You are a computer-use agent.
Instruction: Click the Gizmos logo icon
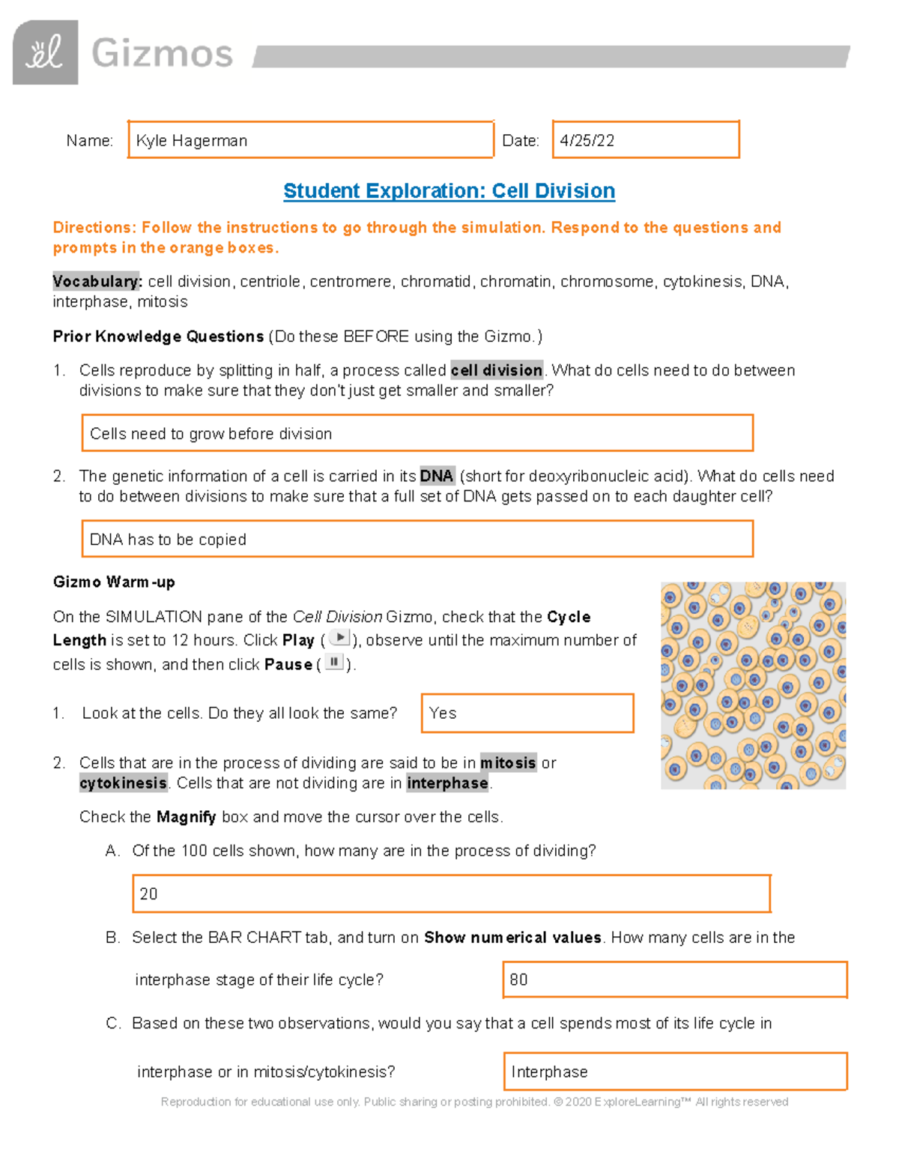click(45, 52)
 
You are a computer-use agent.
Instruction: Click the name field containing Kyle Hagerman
click(310, 140)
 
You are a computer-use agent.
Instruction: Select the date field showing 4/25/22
click(645, 140)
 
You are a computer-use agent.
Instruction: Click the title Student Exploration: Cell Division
click(449, 191)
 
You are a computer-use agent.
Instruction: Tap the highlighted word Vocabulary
click(96, 282)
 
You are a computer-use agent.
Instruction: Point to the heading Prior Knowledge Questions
click(158, 337)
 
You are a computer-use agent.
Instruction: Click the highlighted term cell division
click(496, 370)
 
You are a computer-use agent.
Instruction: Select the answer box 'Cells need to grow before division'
click(417, 433)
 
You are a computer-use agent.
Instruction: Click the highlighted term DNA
click(436, 476)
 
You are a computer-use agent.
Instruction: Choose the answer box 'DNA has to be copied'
click(417, 539)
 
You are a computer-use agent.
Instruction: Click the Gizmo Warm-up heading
click(114, 582)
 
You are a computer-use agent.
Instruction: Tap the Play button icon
click(340, 639)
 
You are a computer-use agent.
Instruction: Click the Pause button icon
click(334, 663)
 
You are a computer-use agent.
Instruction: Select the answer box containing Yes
click(527, 713)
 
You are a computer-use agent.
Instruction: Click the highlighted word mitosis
click(508, 763)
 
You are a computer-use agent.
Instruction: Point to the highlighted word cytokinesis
click(123, 783)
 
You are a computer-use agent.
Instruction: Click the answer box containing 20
click(451, 893)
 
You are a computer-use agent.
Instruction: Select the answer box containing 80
click(674, 980)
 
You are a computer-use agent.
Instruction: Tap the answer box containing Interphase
click(675, 1072)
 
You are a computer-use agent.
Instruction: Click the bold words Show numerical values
click(512, 938)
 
